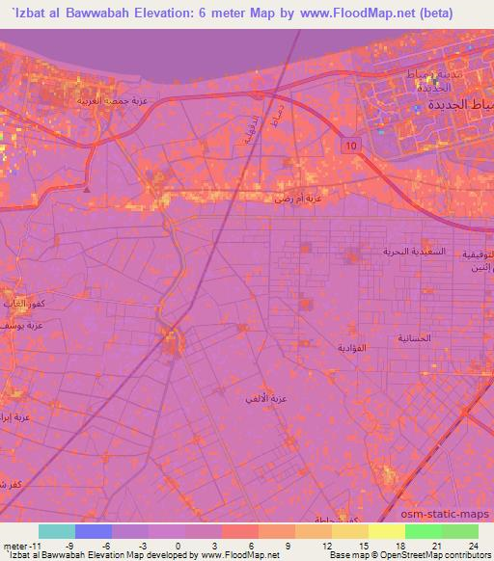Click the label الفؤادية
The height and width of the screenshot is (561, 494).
[x=353, y=346]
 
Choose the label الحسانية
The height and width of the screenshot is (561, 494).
[x=415, y=338]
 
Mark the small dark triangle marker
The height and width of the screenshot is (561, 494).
[x=87, y=189]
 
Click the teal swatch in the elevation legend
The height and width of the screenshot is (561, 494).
[x=57, y=531]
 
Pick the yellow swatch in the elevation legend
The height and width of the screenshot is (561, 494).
[x=385, y=531]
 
